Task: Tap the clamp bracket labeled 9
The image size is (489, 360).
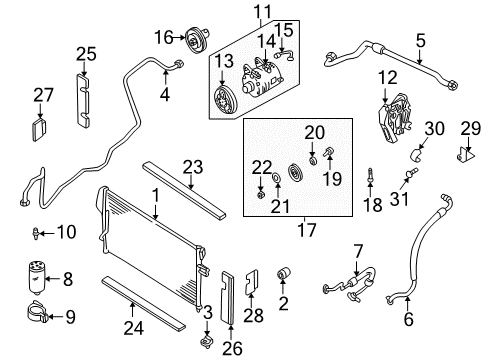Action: coord(37,321)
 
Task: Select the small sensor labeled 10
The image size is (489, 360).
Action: coord(37,234)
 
